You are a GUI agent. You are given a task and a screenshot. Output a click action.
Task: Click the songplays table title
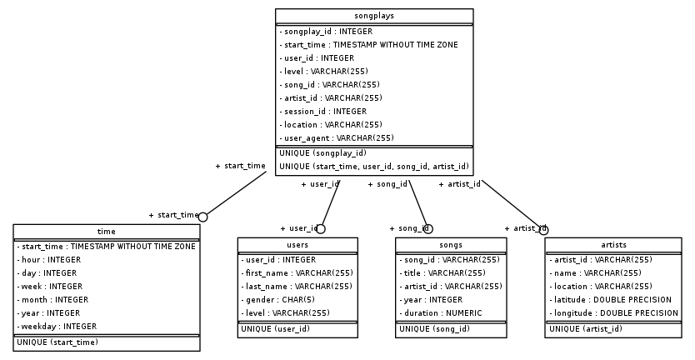click(374, 15)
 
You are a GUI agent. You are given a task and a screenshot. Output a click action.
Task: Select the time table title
click(107, 231)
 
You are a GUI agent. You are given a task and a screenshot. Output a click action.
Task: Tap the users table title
click(297, 245)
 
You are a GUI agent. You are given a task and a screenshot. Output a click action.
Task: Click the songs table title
click(450, 245)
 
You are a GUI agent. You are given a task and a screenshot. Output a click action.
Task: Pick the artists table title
click(613, 245)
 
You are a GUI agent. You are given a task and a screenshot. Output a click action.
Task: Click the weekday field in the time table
click(57, 327)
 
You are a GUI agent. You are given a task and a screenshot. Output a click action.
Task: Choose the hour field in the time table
click(49, 260)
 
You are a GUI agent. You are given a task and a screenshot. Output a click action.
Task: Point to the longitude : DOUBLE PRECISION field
click(614, 313)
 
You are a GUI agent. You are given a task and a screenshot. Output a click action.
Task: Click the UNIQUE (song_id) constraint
click(434, 329)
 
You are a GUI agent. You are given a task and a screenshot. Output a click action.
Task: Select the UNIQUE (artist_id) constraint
click(585, 329)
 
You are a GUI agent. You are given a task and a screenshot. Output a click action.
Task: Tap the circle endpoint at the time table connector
click(202, 216)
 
